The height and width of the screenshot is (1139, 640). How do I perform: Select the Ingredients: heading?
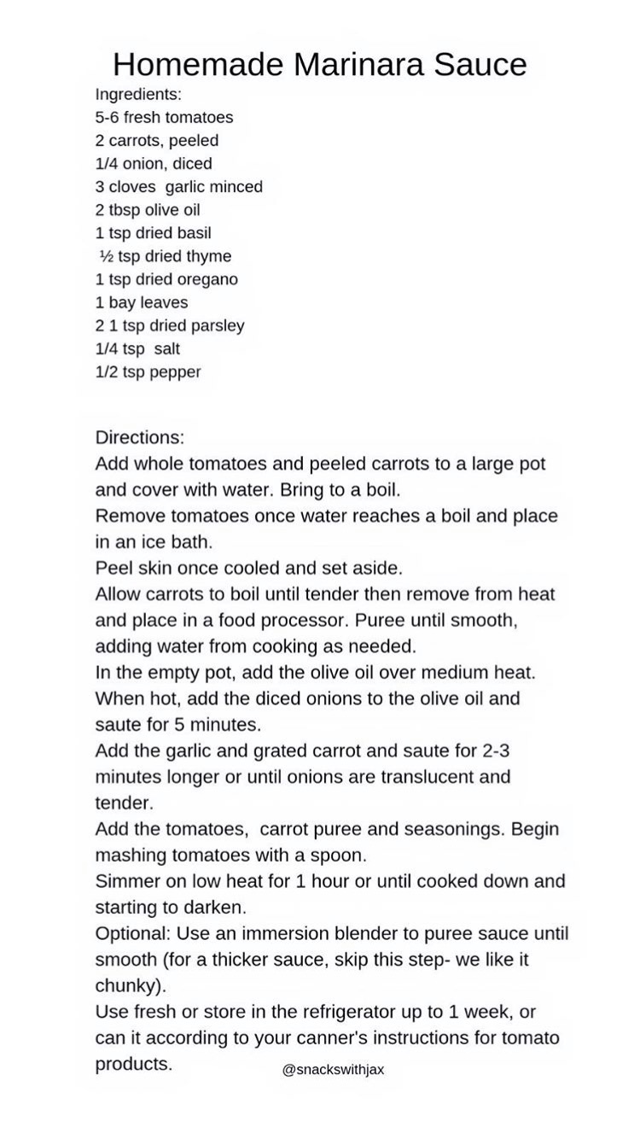(138, 94)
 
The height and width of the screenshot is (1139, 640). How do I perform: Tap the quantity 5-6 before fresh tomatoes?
(108, 117)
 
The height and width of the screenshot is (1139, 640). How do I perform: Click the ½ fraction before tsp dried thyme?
(107, 256)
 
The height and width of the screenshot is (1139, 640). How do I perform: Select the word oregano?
(207, 279)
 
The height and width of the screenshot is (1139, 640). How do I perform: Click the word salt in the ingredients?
(167, 348)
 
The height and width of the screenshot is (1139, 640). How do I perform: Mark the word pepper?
(175, 372)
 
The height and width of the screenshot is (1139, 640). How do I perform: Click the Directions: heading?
(139, 437)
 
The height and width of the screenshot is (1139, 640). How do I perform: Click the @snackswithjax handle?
(333, 1069)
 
